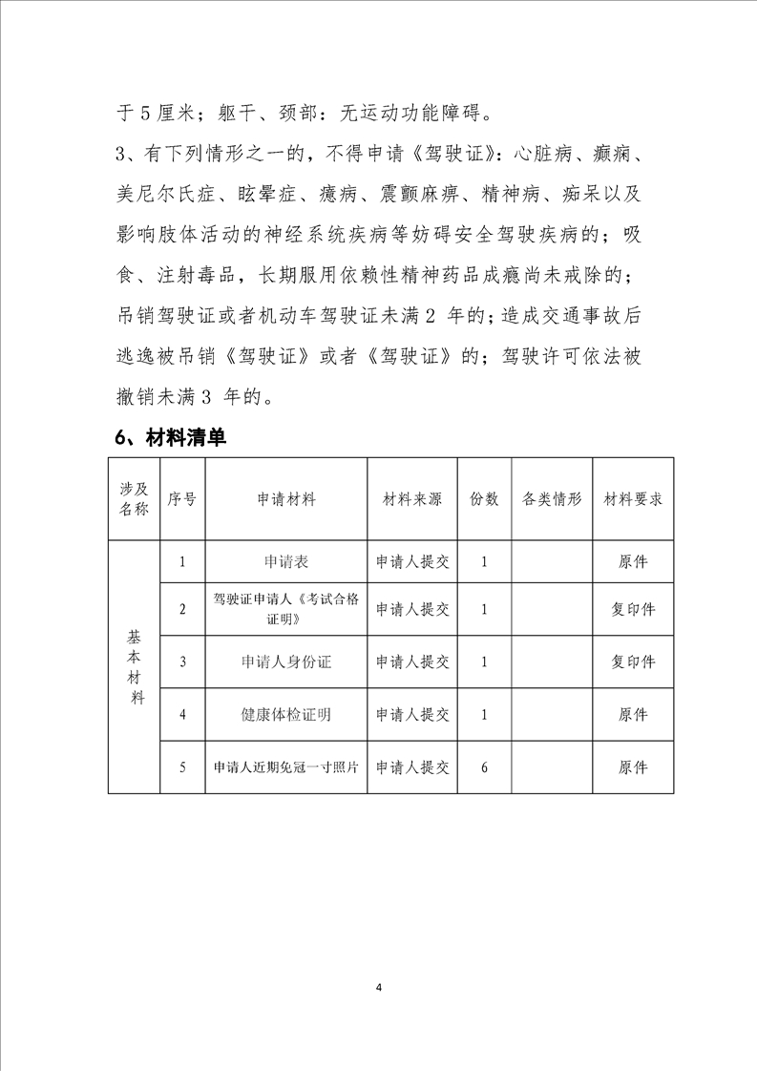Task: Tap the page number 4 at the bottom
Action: click(379, 986)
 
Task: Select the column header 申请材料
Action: click(286, 500)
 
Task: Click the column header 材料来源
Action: click(412, 500)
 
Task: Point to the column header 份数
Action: click(485, 500)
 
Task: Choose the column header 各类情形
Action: click(552, 500)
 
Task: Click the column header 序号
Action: click(182, 500)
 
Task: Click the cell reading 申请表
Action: click(286, 562)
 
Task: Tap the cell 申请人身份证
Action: click(286, 661)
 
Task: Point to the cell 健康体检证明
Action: click(286, 714)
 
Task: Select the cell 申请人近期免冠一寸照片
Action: click(286, 766)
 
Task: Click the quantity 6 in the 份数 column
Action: click(485, 766)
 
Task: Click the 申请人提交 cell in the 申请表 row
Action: click(412, 562)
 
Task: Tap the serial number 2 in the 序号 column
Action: click(182, 609)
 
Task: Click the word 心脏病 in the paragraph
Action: click(542, 153)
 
